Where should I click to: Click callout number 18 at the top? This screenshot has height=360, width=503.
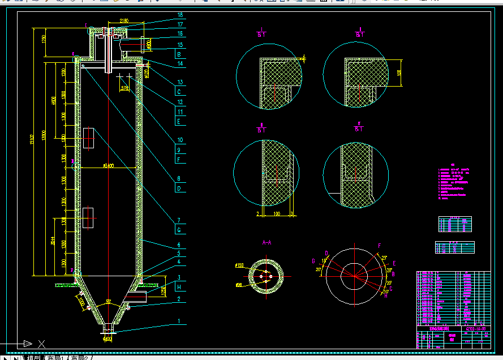(180, 15)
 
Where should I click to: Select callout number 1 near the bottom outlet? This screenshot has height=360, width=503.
(179, 321)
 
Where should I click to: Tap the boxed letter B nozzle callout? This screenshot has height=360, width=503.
(179, 55)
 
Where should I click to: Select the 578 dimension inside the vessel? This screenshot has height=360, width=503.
(125, 88)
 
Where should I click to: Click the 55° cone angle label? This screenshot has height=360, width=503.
(108, 302)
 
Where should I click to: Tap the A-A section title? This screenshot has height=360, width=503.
(267, 242)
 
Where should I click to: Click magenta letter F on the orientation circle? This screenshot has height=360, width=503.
(379, 245)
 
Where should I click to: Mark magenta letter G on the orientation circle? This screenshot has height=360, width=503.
(313, 261)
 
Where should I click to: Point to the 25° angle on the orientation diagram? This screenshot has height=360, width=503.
(384, 259)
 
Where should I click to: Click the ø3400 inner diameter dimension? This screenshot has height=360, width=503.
(109, 166)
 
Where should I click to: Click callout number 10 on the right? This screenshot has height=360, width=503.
(179, 139)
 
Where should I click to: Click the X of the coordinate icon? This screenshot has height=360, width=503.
(41, 343)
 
